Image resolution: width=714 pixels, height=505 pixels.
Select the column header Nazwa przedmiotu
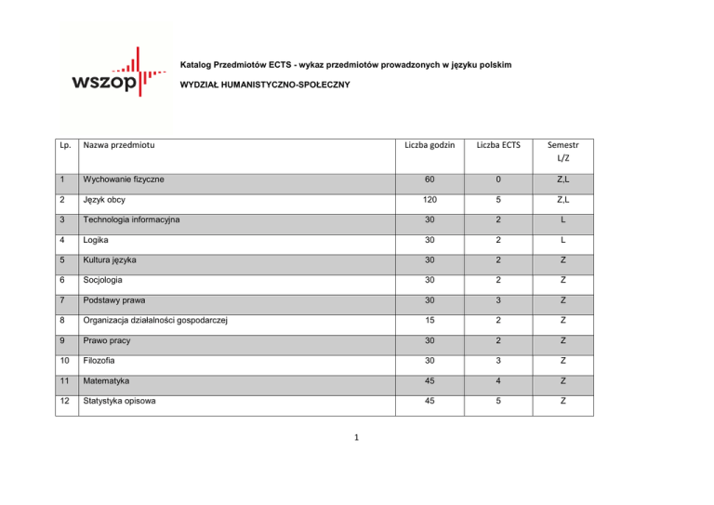(x=118, y=144)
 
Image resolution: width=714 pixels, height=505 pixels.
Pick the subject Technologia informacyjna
(x=133, y=220)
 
